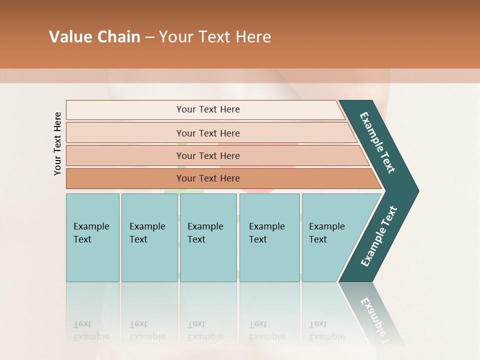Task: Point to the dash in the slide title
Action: click(149, 37)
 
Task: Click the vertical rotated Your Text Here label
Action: click(57, 143)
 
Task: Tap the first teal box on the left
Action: click(92, 237)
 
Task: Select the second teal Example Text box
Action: click(149, 237)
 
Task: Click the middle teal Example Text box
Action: click(208, 237)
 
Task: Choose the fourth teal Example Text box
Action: click(269, 237)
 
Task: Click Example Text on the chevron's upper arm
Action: click(377, 142)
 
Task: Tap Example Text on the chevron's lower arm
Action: click(378, 236)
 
